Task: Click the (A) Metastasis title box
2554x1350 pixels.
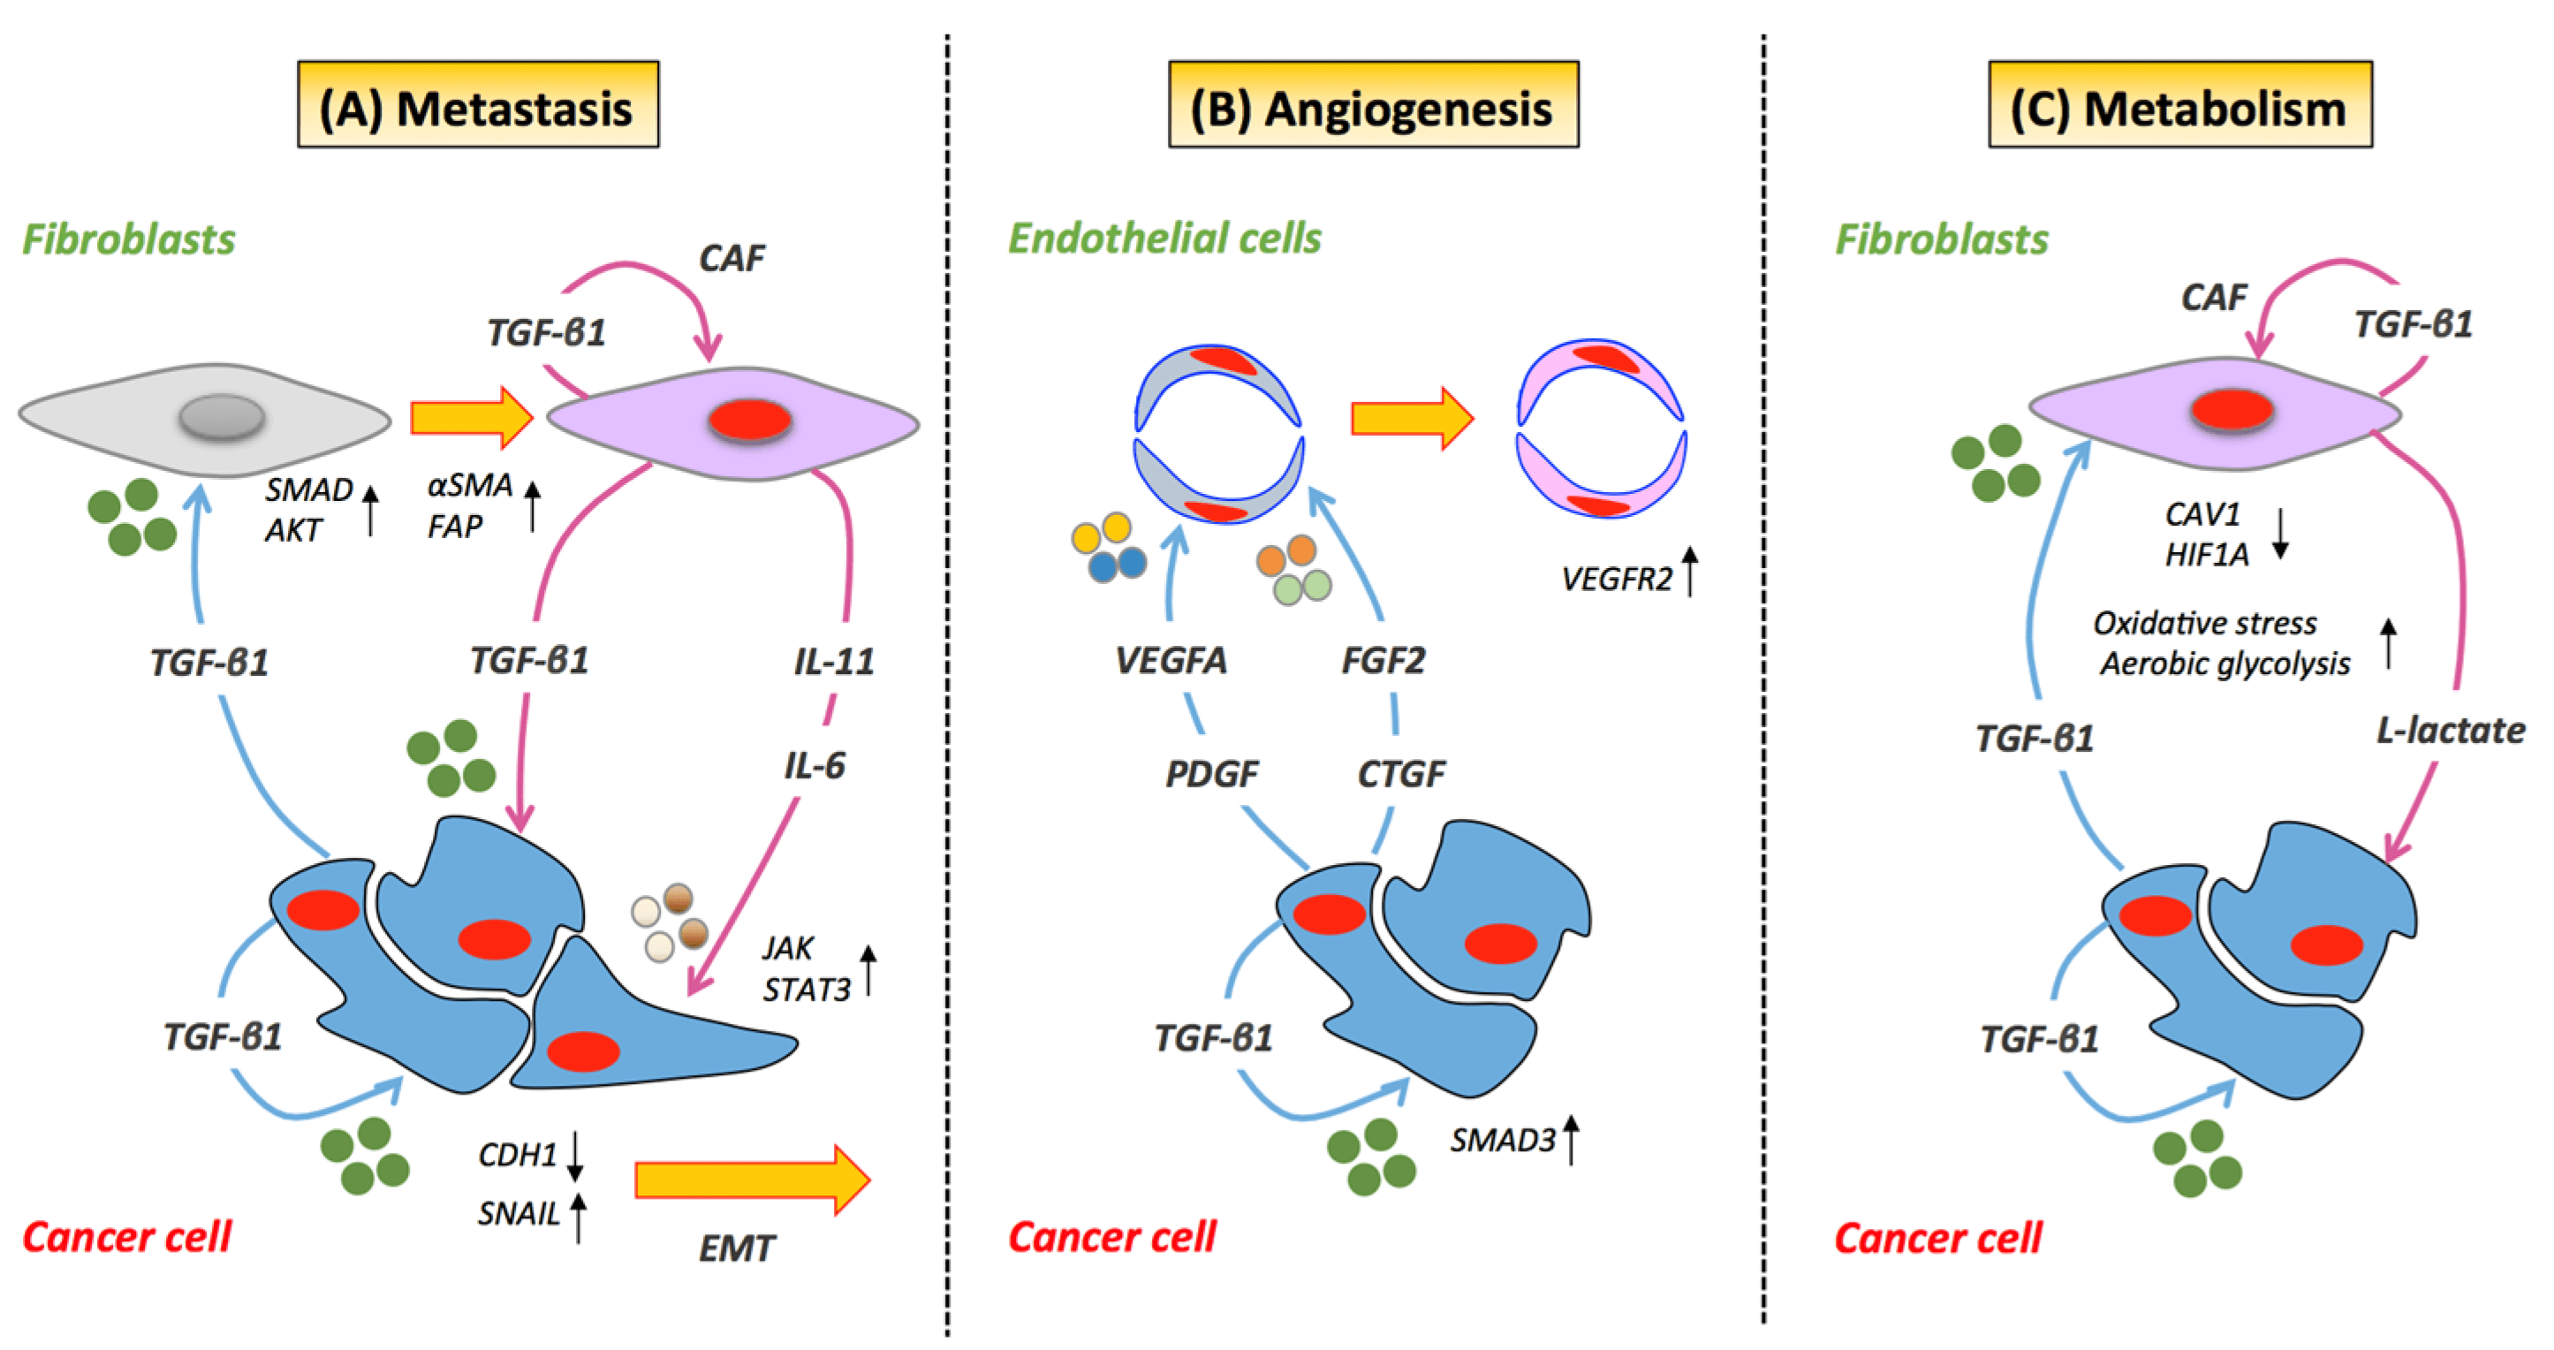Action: (x=477, y=105)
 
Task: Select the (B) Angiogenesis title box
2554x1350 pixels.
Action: (x=1372, y=105)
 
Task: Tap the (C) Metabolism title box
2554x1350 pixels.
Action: (x=2179, y=105)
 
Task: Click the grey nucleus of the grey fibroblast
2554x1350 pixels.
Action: (x=221, y=416)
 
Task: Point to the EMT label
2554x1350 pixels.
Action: (x=736, y=1248)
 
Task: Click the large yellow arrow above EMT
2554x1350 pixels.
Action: (x=752, y=1179)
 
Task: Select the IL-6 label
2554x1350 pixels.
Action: (x=814, y=765)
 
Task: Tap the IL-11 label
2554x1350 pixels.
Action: (x=834, y=661)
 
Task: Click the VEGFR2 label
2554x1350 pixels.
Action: (x=1616, y=579)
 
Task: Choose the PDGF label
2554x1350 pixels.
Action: (x=1211, y=773)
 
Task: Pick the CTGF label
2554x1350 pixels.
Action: (x=1401, y=773)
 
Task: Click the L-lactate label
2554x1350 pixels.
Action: (x=2450, y=731)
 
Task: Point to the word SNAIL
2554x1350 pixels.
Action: (x=519, y=1213)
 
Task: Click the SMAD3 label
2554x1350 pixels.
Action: (x=1502, y=1141)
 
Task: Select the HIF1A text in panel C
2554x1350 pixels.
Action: (x=2206, y=555)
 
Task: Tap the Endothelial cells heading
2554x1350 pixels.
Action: (x=1164, y=239)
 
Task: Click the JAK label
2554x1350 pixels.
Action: (x=787, y=949)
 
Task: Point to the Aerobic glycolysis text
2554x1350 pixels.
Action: (x=2224, y=664)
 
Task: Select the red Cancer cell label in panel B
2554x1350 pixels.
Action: (x=1111, y=1237)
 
